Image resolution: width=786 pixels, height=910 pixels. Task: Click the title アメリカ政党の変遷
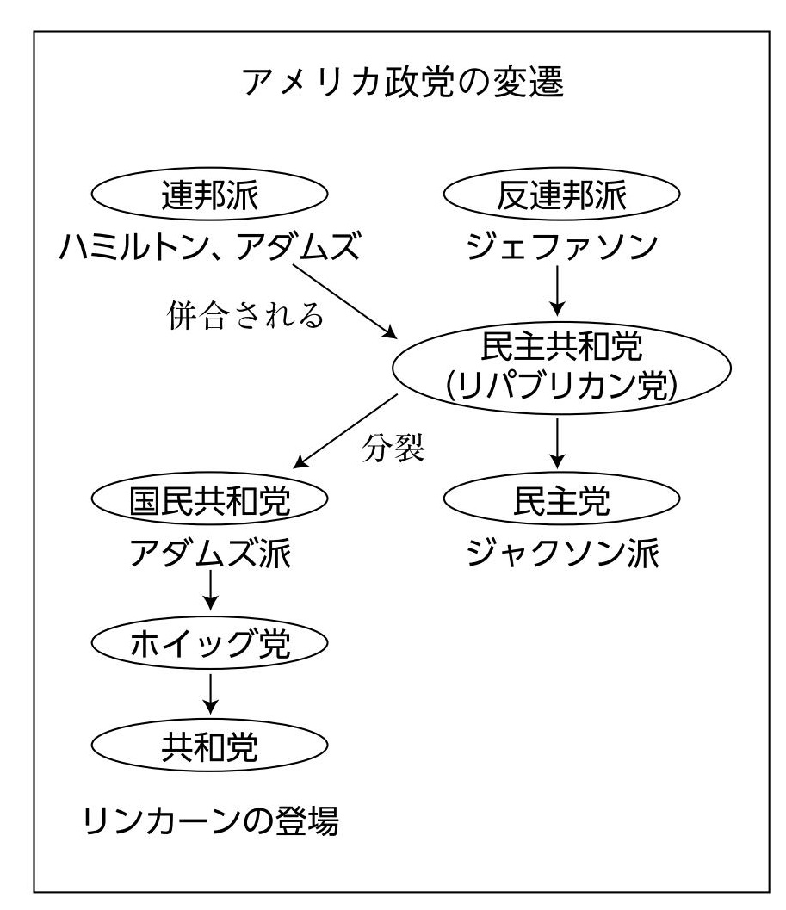pyautogui.click(x=402, y=82)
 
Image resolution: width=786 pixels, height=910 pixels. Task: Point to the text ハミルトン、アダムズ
pyautogui.click(x=210, y=246)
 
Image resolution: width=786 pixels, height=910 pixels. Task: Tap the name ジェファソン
pyautogui.click(x=561, y=246)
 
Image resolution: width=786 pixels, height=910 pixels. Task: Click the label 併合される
pyautogui.click(x=245, y=316)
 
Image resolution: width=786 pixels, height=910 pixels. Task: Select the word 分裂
pyautogui.click(x=393, y=448)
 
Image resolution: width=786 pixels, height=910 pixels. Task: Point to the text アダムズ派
pyautogui.click(x=210, y=553)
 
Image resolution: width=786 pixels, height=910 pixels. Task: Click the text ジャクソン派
pyautogui.click(x=562, y=553)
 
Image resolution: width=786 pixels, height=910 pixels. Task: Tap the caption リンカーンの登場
pyautogui.click(x=210, y=820)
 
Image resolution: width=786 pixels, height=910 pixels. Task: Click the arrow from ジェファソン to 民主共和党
pyautogui.click(x=557, y=290)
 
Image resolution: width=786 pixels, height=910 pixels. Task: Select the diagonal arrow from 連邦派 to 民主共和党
pyautogui.click(x=345, y=302)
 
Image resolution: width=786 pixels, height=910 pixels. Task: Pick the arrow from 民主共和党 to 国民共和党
pyautogui.click(x=345, y=431)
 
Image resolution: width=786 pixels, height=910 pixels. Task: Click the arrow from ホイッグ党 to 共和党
pyautogui.click(x=210, y=694)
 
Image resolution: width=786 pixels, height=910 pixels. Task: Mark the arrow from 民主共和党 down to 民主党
pyautogui.click(x=557, y=443)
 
